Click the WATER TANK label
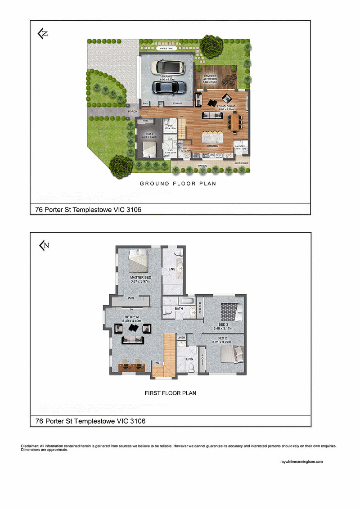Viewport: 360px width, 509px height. pyautogui.click(x=166, y=48)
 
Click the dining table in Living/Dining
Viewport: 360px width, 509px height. pyautogui.click(x=234, y=121)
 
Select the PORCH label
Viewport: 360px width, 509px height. pyautogui.click(x=132, y=111)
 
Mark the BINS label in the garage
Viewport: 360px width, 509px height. pyautogui.click(x=145, y=104)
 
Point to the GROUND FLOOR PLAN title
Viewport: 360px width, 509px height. pyautogui.click(x=178, y=184)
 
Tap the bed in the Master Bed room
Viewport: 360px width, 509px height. pyautogui.click(x=139, y=261)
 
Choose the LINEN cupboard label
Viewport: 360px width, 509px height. pyautogui.click(x=181, y=337)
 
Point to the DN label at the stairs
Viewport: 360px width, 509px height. pyautogui.click(x=157, y=363)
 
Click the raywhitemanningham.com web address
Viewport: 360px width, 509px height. pyautogui.click(x=301, y=462)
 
